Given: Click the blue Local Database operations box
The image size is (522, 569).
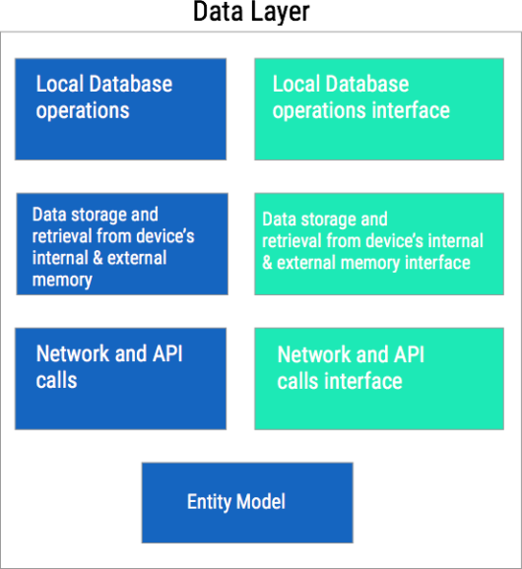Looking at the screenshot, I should pyautogui.click(x=120, y=108).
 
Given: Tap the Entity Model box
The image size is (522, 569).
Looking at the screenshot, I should pyautogui.click(x=246, y=502).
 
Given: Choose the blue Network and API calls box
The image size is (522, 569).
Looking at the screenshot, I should pyautogui.click(x=120, y=378).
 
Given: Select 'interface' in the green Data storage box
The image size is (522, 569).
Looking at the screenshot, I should pyautogui.click(x=432, y=263).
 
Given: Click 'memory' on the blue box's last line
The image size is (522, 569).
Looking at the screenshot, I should pyautogui.click(x=61, y=280).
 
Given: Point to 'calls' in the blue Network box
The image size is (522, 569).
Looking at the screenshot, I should pyautogui.click(x=56, y=380).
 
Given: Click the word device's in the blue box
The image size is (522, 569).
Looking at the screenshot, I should pyautogui.click(x=162, y=236).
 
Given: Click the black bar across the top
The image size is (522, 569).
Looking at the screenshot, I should pyautogui.click(x=261, y=15).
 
